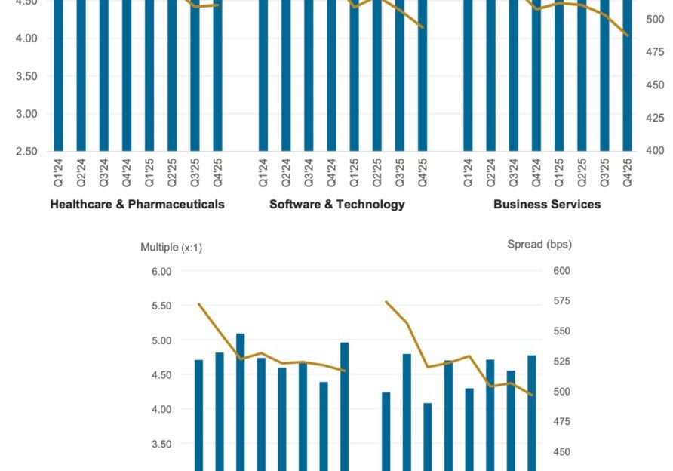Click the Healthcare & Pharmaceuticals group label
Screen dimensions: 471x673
point(137,204)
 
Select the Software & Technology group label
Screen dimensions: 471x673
point(337,204)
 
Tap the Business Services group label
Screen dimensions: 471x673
point(547,204)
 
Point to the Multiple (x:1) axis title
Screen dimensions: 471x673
point(171,247)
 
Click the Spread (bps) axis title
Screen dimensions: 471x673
point(539,244)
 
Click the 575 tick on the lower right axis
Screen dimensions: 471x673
point(561,301)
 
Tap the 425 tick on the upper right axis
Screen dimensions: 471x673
point(653,118)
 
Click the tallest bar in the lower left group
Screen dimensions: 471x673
point(241,400)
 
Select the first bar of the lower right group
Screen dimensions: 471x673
point(386,430)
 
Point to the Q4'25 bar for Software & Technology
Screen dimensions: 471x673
point(423,75)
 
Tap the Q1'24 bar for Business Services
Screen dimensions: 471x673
point(468,75)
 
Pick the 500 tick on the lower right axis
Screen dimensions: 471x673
point(561,392)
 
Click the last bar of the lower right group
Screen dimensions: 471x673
point(532,411)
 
